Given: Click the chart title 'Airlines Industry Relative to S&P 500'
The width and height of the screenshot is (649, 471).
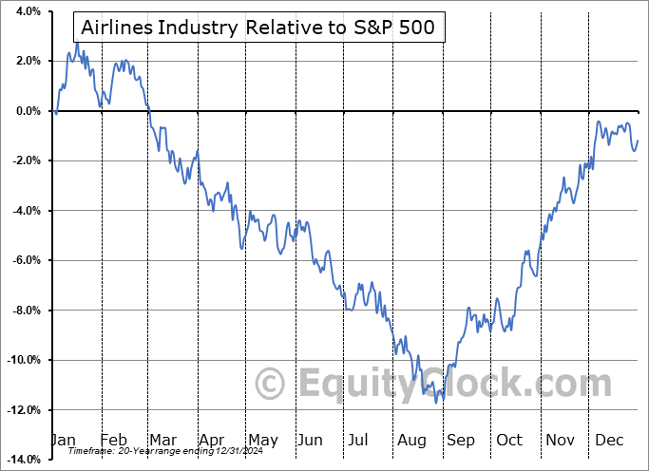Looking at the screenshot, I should pos(258,27).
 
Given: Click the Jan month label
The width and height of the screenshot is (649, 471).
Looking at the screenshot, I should pos(64,440).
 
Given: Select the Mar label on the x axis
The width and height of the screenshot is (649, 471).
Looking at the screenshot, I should pos(162,440).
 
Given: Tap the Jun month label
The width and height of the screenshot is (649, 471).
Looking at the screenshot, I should pos(311,440).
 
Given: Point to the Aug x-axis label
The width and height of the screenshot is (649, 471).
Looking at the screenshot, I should pos(410,440).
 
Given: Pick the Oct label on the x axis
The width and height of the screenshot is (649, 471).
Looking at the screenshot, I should pos(509,440).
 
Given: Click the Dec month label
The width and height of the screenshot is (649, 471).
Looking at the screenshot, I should pos(608,440).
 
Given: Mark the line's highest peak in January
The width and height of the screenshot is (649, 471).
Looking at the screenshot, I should pos(77,43).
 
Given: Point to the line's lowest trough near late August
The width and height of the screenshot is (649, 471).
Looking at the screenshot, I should pos(437,403).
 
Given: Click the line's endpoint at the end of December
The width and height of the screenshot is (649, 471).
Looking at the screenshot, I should pos(638,141).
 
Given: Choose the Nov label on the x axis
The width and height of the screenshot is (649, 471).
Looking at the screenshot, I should pos(559,440).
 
